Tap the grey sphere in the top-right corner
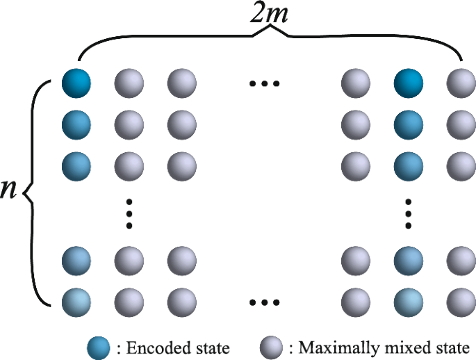pos(461,83)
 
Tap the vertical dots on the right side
pos(409,213)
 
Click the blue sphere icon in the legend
pos(99,345)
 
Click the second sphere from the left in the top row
pos(129,83)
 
